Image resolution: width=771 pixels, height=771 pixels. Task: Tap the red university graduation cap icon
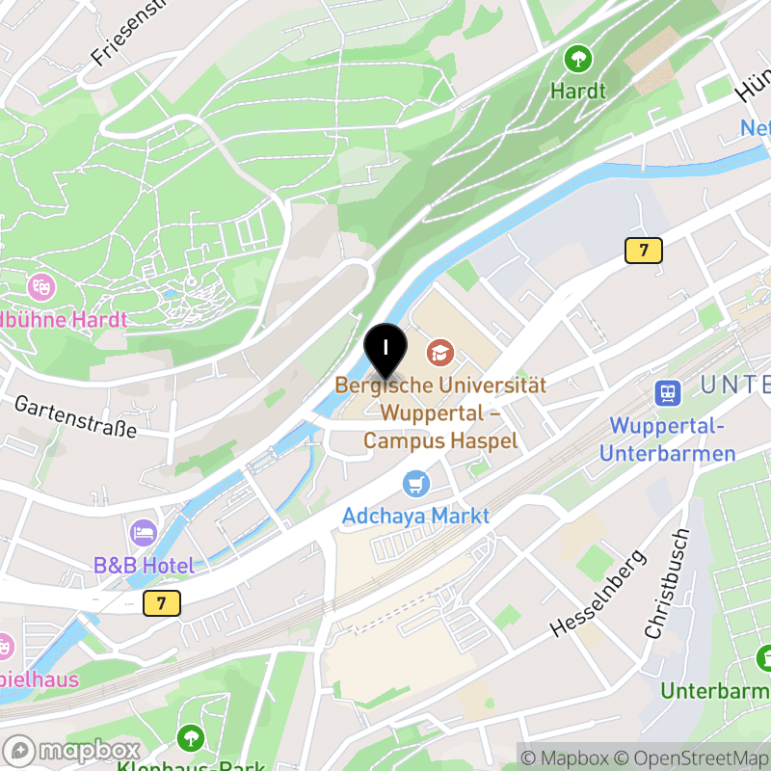[x=439, y=352]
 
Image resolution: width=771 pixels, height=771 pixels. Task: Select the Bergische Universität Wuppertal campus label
[x=440, y=412]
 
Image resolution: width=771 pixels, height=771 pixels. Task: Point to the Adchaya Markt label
[x=416, y=516]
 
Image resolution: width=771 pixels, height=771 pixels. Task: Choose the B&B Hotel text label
[x=144, y=566]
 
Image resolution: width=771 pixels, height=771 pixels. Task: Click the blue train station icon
[x=667, y=392]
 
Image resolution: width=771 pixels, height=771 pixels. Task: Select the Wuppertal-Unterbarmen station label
[x=673, y=439]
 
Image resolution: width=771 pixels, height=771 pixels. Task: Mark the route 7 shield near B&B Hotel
[x=161, y=604]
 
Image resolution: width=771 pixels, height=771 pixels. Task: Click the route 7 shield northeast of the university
[x=643, y=251]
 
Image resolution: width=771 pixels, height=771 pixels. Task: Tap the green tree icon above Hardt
[x=578, y=59]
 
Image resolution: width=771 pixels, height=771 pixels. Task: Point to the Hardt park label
[x=578, y=92]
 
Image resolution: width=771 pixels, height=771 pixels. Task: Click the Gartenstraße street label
[x=75, y=416]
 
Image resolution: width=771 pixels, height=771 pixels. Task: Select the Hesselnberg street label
[x=598, y=594]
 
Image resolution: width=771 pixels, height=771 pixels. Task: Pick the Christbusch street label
[x=667, y=584]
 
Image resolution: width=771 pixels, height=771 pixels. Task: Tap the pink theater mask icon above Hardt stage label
[x=41, y=285]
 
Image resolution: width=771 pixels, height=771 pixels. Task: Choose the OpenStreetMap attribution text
[x=692, y=758]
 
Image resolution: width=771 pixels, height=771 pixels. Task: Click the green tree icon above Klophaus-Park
[x=192, y=738]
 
